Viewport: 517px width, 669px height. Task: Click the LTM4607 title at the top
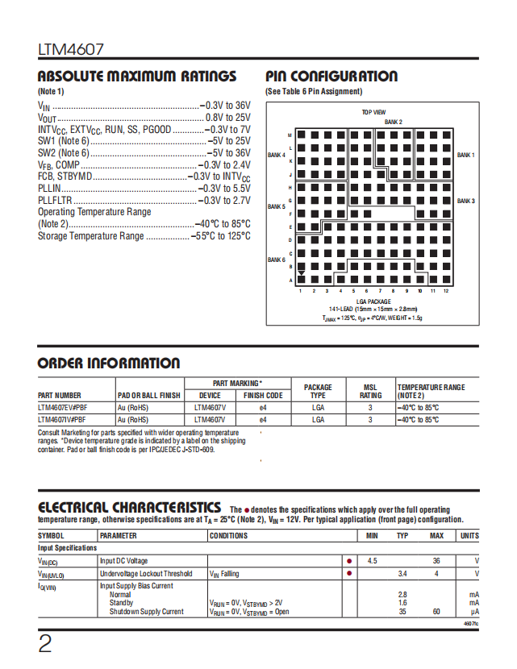[x=71, y=51]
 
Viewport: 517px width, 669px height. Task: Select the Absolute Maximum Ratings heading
[x=137, y=77]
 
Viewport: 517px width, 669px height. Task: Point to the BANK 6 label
[x=277, y=260]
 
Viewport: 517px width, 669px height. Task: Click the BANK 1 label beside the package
[x=466, y=155]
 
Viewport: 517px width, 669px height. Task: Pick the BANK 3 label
[x=466, y=201]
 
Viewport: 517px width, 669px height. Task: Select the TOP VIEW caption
[x=373, y=112]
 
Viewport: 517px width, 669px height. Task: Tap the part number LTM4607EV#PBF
[x=64, y=408]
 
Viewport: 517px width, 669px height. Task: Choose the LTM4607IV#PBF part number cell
[x=62, y=420]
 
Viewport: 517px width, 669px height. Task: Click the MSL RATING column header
[x=371, y=392]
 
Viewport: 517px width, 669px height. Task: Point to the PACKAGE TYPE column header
[x=318, y=392]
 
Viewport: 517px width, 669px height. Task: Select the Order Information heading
[x=109, y=364]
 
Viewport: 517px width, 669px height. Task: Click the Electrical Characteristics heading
[x=130, y=507]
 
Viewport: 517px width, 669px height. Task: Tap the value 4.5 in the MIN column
[x=372, y=561]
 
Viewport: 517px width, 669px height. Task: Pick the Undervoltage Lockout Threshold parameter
[x=147, y=574]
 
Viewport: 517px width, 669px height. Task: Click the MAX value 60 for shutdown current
[x=436, y=612]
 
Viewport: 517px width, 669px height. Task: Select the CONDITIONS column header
[x=229, y=536]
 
